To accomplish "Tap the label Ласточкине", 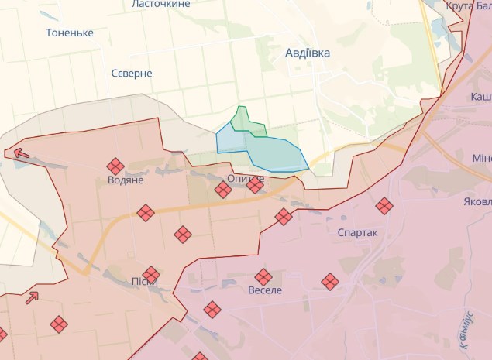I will [x=161, y=4].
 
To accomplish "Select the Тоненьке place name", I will [x=70, y=33].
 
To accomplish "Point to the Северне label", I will [x=131, y=73].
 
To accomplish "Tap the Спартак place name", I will [x=357, y=232].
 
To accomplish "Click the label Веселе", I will [x=266, y=290].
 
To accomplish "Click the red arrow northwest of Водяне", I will [x=22, y=154].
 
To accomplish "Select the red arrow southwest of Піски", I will [x=32, y=297].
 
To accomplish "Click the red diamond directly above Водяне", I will [x=115, y=166].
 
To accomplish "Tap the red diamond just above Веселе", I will [x=264, y=276].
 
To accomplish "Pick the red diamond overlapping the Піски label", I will [x=151, y=274].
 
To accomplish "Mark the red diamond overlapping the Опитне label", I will [x=255, y=184].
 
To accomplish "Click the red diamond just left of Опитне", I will [x=223, y=189].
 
